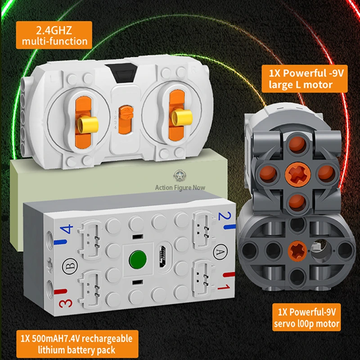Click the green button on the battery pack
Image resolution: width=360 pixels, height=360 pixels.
[x=138, y=259]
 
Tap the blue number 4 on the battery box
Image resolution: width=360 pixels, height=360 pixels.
[x=66, y=229]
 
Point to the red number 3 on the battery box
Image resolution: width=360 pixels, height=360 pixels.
[x=66, y=303]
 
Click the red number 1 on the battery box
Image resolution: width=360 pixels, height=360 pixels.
[x=223, y=287]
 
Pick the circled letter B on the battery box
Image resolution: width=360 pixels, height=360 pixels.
[x=70, y=266]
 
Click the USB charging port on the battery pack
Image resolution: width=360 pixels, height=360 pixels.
[x=163, y=256]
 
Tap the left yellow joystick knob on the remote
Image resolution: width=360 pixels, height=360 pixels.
[x=87, y=124]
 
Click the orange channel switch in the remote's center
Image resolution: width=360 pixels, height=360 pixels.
[x=126, y=120]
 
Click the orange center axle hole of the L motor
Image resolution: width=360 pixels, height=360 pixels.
[x=298, y=174]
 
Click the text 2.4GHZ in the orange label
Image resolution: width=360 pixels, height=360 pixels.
[x=54, y=30]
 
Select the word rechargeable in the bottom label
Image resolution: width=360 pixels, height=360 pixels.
[x=107, y=339]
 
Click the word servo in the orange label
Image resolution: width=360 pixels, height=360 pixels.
[x=284, y=324]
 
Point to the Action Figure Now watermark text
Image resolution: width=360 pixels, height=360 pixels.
[x=180, y=188]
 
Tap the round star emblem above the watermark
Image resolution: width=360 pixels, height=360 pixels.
[x=180, y=175]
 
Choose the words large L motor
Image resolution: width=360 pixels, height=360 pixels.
[x=301, y=85]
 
